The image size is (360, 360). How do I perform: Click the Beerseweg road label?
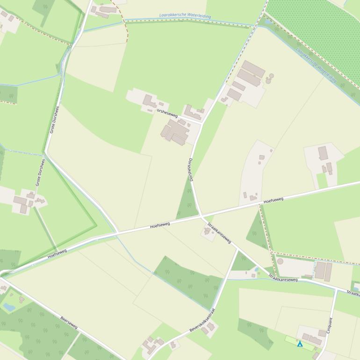point(69,322)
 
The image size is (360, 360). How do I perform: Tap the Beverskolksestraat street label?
point(202,321)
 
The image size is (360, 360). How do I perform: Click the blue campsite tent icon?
point(300,344)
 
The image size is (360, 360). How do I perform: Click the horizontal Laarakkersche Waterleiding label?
point(185,15)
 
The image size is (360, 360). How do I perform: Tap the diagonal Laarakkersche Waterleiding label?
point(316,64)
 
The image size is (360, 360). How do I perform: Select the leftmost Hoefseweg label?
point(57,254)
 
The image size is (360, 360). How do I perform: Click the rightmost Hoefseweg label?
point(273,200)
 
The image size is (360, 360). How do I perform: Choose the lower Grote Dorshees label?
point(40,173)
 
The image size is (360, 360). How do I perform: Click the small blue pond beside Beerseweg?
point(9,307)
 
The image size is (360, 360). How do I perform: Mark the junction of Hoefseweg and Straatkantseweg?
point(201,216)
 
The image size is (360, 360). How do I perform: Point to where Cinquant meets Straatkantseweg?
point(336,289)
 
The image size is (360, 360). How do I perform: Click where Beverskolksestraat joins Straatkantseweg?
point(238,250)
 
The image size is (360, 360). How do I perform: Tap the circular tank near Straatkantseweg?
point(280,261)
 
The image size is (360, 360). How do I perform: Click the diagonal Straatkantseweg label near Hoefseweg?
point(219,233)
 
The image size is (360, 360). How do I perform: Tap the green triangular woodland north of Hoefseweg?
point(187,201)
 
